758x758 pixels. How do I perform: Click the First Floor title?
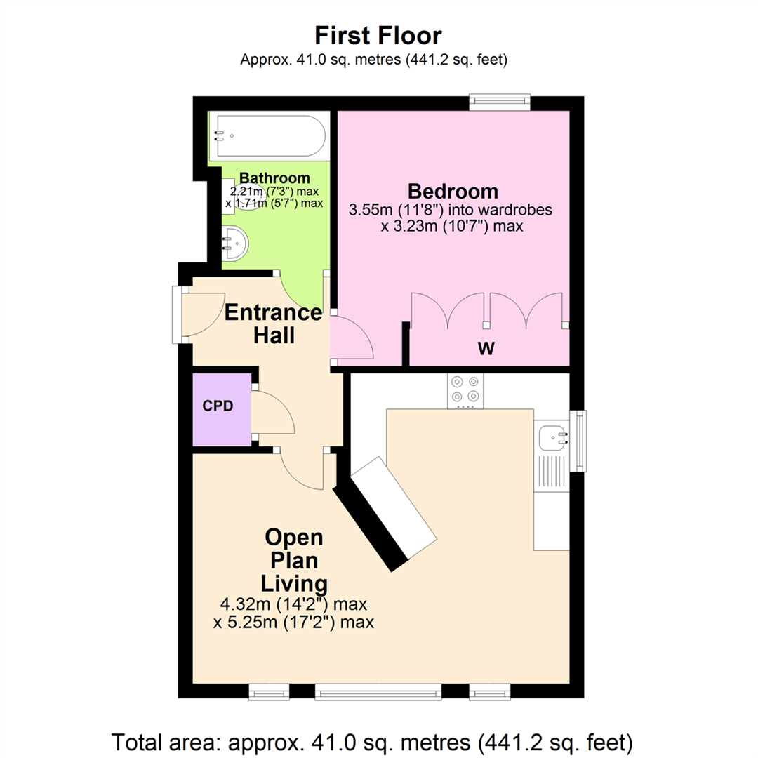click(378, 36)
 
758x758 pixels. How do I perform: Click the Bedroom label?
click(453, 191)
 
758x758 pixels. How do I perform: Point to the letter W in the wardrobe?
click(486, 349)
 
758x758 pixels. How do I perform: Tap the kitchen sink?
click(554, 439)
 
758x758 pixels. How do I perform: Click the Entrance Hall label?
click(274, 324)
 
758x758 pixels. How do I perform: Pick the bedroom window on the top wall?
click(500, 102)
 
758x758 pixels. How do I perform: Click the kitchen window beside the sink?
click(579, 441)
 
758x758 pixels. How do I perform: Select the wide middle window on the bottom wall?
click(378, 693)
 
